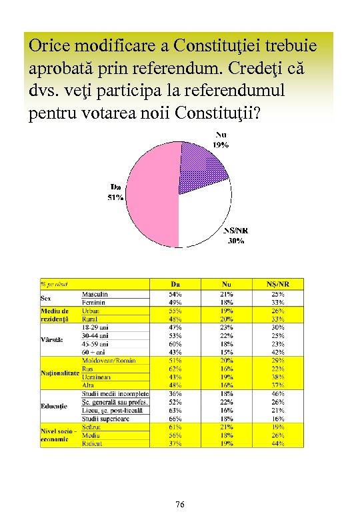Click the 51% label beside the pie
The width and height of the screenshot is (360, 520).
click(x=115, y=197)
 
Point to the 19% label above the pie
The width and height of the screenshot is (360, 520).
click(x=221, y=145)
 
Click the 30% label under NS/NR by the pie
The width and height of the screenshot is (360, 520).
click(x=235, y=241)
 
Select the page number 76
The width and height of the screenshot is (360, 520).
click(x=180, y=505)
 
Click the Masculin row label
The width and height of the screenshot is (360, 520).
click(x=95, y=294)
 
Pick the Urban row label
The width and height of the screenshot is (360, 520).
click(x=91, y=311)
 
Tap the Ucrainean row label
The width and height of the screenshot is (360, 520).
click(x=97, y=377)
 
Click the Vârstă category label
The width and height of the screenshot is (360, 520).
click(x=53, y=340)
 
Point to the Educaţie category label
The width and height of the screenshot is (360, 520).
click(x=55, y=406)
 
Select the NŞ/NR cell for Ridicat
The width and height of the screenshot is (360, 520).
click(x=278, y=443)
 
